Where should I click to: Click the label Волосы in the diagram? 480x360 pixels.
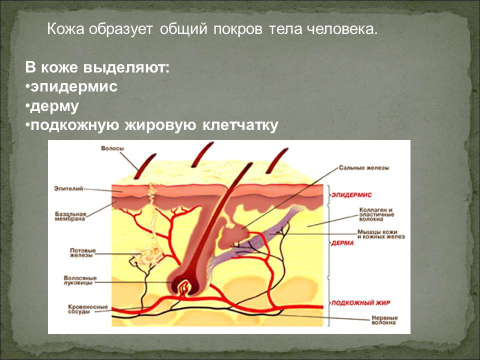112,148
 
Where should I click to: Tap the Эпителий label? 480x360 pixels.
68,188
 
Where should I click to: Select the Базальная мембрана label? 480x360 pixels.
70,216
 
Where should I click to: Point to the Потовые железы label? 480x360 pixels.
82,253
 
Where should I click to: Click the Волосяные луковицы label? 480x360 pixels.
80,280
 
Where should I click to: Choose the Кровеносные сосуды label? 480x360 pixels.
88,309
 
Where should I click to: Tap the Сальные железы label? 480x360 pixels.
364,168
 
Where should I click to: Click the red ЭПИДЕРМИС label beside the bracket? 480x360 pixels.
351,194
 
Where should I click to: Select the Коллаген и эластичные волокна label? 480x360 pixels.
376,214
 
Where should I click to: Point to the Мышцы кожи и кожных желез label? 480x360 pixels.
381,234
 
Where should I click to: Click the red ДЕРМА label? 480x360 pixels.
342,243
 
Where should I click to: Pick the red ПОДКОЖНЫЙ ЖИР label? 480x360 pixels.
361,303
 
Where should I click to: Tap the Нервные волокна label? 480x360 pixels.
384,320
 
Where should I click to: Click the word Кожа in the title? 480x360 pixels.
65,29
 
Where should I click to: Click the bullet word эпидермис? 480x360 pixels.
74,86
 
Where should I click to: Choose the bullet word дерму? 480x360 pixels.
54,106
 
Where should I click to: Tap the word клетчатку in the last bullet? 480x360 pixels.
240,125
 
